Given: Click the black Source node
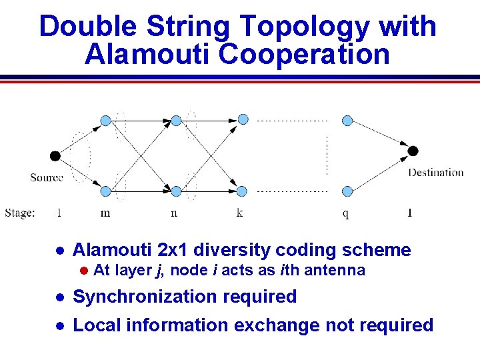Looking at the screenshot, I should click(55, 156).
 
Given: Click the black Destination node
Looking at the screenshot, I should click(413, 151).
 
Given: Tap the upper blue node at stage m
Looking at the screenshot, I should click(105, 121).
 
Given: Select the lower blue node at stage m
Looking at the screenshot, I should click(105, 191).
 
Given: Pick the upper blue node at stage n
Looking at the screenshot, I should click(176, 121).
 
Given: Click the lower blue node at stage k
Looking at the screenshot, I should click(243, 191).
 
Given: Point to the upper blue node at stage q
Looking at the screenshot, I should click(347, 121).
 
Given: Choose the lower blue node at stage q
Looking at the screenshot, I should click(347, 191).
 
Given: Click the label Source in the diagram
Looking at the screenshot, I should click(47, 177).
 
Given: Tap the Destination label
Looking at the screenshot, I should click(435, 173).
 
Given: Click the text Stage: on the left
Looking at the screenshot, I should click(20, 213).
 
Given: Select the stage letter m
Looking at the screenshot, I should click(105, 213).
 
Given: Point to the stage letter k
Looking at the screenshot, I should click(239, 213).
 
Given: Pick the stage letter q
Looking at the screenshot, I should click(345, 214).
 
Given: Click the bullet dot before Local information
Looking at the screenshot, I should click(59, 326).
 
